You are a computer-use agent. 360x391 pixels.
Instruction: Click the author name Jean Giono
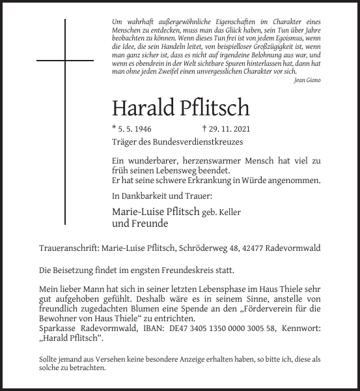[x=307, y=80]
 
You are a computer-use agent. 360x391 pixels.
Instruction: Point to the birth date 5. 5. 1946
[x=135, y=129]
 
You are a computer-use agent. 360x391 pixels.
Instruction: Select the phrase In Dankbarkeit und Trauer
[x=162, y=195]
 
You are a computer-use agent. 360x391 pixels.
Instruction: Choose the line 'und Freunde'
[x=140, y=224]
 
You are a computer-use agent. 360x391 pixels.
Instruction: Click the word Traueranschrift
[x=68, y=248]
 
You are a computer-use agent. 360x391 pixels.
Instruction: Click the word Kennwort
[x=299, y=329]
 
